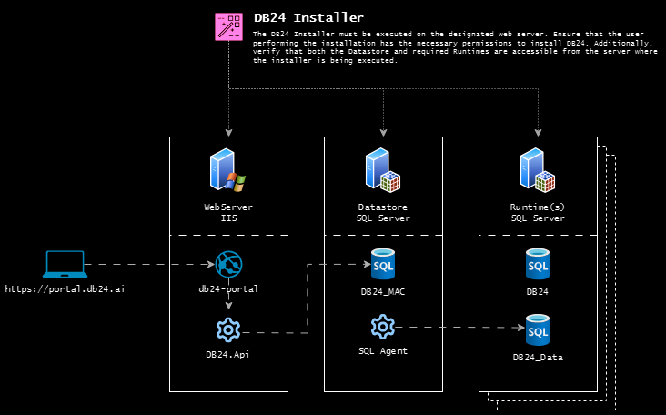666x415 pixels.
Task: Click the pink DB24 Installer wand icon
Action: pos(228,26)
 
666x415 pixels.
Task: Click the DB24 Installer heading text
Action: pos(308,17)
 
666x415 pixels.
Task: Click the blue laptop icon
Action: pos(66,265)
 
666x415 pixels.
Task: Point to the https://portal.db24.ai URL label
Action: pos(65,288)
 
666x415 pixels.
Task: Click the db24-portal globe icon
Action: pos(228,265)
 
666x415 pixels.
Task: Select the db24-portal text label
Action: pos(228,288)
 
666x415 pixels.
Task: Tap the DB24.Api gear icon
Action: pos(228,329)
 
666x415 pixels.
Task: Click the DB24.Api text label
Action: pos(227,354)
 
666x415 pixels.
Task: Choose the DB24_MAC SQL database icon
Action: pos(383,265)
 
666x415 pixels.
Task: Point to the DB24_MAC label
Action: pos(383,293)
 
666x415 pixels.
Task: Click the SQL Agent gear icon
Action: pos(383,326)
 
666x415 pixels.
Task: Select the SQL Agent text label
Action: pos(383,350)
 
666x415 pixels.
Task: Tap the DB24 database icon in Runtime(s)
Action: pos(538,265)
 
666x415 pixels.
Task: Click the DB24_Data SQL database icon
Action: pos(538,329)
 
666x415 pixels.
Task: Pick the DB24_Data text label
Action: pos(538,358)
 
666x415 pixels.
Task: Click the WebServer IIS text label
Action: pos(228,213)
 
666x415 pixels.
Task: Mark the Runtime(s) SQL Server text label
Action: pos(538,213)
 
